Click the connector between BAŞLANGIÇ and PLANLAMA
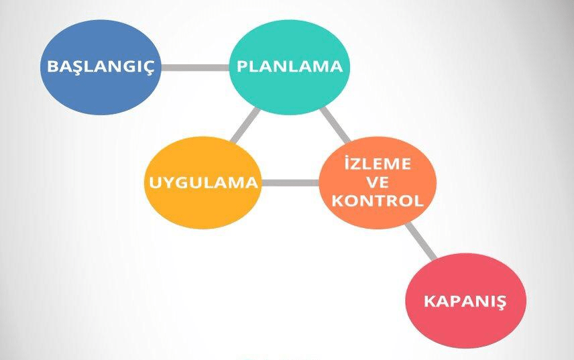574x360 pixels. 195,67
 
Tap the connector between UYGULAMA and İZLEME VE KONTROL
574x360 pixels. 289,182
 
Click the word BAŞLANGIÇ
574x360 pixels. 101,67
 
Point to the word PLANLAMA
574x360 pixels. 290,66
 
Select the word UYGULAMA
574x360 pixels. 203,182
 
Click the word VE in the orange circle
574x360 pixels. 378,183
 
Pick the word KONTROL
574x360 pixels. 378,200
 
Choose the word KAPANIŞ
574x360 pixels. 465,300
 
